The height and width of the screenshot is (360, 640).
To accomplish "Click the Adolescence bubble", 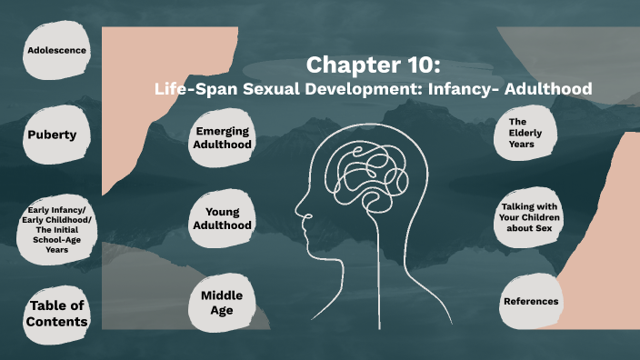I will click(x=56, y=50).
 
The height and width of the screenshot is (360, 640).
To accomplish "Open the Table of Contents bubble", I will click(x=57, y=314).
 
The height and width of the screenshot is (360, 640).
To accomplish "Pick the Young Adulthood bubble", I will click(x=222, y=218).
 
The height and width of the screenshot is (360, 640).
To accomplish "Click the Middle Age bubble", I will click(x=222, y=303).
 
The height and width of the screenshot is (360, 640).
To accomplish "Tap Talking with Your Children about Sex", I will click(x=530, y=218).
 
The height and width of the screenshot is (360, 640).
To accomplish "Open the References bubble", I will click(x=531, y=301).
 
